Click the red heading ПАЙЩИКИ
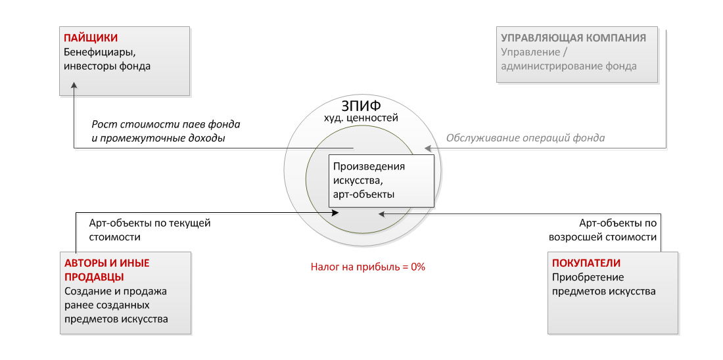(91, 38)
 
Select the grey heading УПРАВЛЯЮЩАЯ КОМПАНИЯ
(574, 38)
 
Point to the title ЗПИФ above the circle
(361, 106)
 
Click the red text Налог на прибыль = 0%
(367, 267)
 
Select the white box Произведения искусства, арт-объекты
(381, 181)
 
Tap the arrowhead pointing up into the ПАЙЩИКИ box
(74, 87)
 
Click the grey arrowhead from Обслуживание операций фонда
(428, 148)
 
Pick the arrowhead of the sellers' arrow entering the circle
(335, 212)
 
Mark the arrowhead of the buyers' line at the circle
(381, 214)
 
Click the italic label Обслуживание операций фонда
(525, 138)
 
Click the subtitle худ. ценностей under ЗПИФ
(361, 118)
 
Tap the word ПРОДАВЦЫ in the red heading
(93, 277)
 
